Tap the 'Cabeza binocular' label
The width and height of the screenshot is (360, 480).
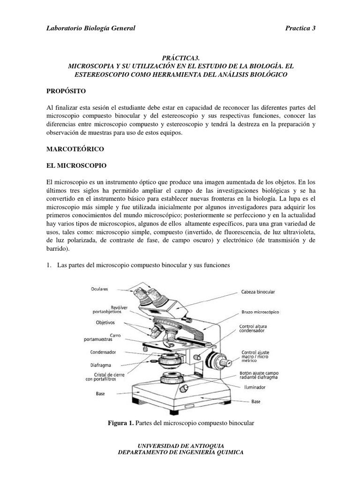point(258,292)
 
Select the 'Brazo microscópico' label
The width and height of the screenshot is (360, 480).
point(261,311)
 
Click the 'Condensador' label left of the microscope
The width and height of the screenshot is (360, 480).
point(103,352)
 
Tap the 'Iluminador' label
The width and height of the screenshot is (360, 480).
point(255,388)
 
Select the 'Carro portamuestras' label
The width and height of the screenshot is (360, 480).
point(104,337)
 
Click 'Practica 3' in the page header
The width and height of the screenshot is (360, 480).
point(300,28)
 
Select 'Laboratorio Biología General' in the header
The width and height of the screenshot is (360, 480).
point(90,28)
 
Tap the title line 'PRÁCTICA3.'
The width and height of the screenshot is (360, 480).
point(180,58)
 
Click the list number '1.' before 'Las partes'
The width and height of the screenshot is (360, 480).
point(48,265)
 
